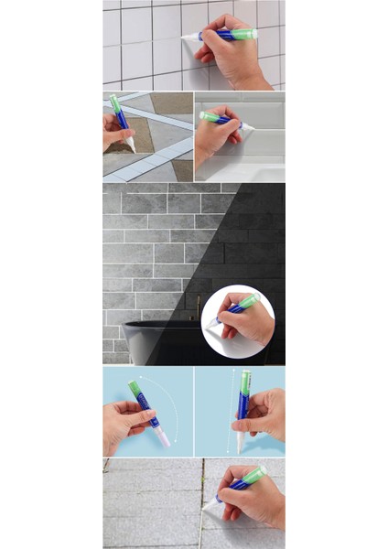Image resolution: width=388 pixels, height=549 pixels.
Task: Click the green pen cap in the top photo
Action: point(243,34)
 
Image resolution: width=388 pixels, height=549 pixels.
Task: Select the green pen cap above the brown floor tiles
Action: point(115,102)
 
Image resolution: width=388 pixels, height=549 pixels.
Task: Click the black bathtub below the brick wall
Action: point(160,340)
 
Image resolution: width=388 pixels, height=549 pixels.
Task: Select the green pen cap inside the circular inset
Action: point(250,300)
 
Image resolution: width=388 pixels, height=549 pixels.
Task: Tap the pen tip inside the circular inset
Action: point(211,323)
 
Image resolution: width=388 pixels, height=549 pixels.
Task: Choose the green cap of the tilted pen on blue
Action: point(135,388)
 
